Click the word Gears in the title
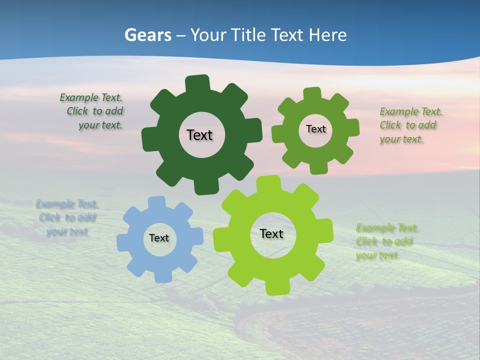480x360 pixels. pyautogui.click(x=147, y=35)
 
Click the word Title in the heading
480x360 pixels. pyautogui.click(x=248, y=35)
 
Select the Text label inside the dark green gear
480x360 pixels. pyautogui.click(x=199, y=135)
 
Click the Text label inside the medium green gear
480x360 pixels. pyautogui.click(x=315, y=129)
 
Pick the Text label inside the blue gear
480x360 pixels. pyautogui.click(x=159, y=238)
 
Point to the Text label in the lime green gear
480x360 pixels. pyautogui.click(x=271, y=233)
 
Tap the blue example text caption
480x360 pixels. pyautogui.click(x=67, y=218)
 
